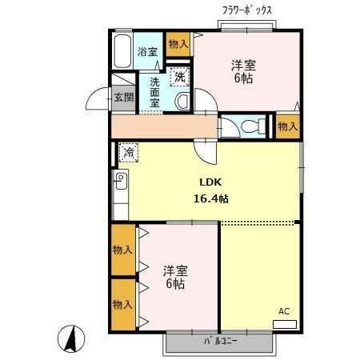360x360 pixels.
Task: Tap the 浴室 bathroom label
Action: (147, 52)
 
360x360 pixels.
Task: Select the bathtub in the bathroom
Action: (122, 52)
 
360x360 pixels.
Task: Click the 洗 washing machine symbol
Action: (180, 77)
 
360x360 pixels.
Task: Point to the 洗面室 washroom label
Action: (154, 90)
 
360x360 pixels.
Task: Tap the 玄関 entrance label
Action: (123, 98)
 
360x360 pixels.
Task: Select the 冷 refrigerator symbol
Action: (129, 150)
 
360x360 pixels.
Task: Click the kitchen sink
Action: (121, 180)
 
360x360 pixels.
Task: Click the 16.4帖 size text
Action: (211, 198)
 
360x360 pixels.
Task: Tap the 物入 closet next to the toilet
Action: (287, 126)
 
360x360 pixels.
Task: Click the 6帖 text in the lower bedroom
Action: (174, 284)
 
